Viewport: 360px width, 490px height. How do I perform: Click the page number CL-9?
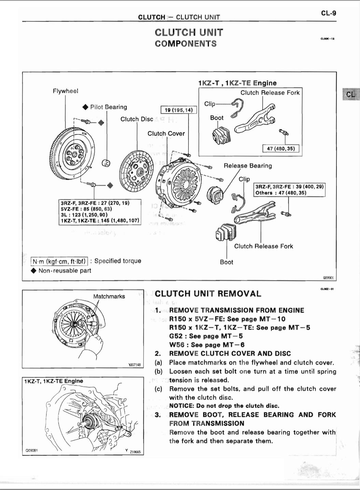point(328,13)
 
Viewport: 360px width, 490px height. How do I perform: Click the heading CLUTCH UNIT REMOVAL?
point(208,294)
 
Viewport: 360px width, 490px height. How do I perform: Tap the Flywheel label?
point(65,91)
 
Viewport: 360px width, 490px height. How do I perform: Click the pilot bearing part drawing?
point(106,163)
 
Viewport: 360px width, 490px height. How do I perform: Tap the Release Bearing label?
point(248,166)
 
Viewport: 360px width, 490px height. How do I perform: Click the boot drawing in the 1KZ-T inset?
point(220,136)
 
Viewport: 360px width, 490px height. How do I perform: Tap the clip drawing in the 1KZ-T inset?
point(237,107)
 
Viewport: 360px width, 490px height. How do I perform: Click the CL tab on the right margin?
point(351,94)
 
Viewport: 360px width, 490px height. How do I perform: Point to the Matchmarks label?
point(109,297)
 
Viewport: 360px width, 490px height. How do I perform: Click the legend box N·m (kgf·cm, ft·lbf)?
point(59,261)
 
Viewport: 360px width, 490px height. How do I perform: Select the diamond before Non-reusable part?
point(33,271)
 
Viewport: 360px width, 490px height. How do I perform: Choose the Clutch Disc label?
point(137,119)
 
